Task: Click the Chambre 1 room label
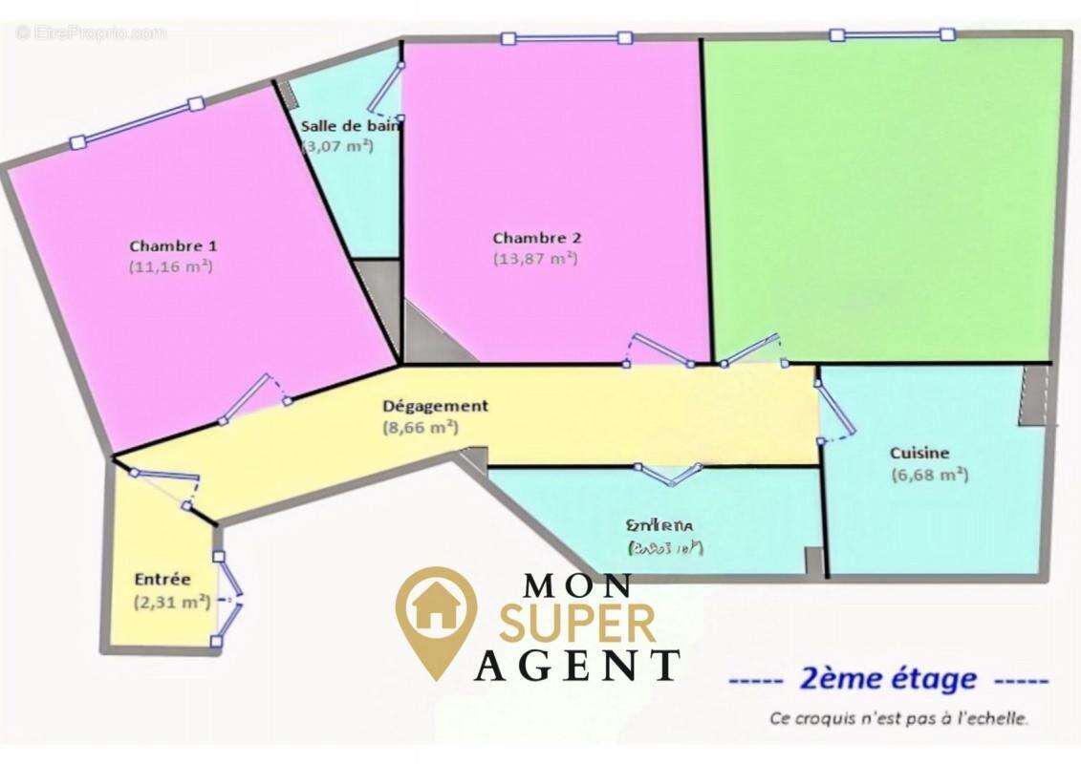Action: tap(173, 245)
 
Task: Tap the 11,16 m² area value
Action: tap(171, 267)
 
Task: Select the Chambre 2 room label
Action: tap(536, 238)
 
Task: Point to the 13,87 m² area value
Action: tap(535, 258)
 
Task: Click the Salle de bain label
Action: tap(351, 125)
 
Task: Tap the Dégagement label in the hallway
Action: tap(435, 406)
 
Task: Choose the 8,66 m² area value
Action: tap(420, 428)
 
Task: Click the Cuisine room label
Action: tap(919, 454)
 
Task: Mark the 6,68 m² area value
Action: tap(929, 475)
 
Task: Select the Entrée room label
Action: tap(162, 579)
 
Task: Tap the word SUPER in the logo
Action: tap(578, 623)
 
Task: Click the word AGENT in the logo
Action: tap(577, 665)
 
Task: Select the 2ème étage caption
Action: tap(888, 680)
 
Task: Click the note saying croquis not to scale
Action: tap(898, 718)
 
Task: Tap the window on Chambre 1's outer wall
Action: tap(138, 122)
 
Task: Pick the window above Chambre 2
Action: tap(567, 38)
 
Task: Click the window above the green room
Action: tap(892, 34)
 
